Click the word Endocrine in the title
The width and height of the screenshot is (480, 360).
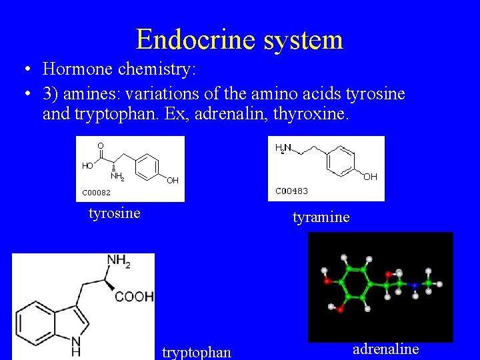pos(196,39)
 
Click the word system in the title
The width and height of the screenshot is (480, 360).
pos(303,39)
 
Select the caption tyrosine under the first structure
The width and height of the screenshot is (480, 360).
pos(115,213)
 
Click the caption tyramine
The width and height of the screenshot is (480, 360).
pos(321,217)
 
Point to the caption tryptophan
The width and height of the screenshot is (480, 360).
pos(197,352)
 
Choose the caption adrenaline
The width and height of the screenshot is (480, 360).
pos(386,349)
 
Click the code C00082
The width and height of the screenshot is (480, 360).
pos(96,193)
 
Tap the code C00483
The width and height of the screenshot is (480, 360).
pos(291,191)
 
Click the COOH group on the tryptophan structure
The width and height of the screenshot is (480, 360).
pos(135,296)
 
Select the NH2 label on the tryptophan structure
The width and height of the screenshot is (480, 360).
pos(119,261)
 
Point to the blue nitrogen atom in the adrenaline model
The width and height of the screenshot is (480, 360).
pos(414,286)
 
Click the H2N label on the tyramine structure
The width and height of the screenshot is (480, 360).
pos(283,147)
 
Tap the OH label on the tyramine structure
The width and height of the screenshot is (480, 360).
pos(370,177)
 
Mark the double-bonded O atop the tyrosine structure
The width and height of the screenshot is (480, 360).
pos(101,145)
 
